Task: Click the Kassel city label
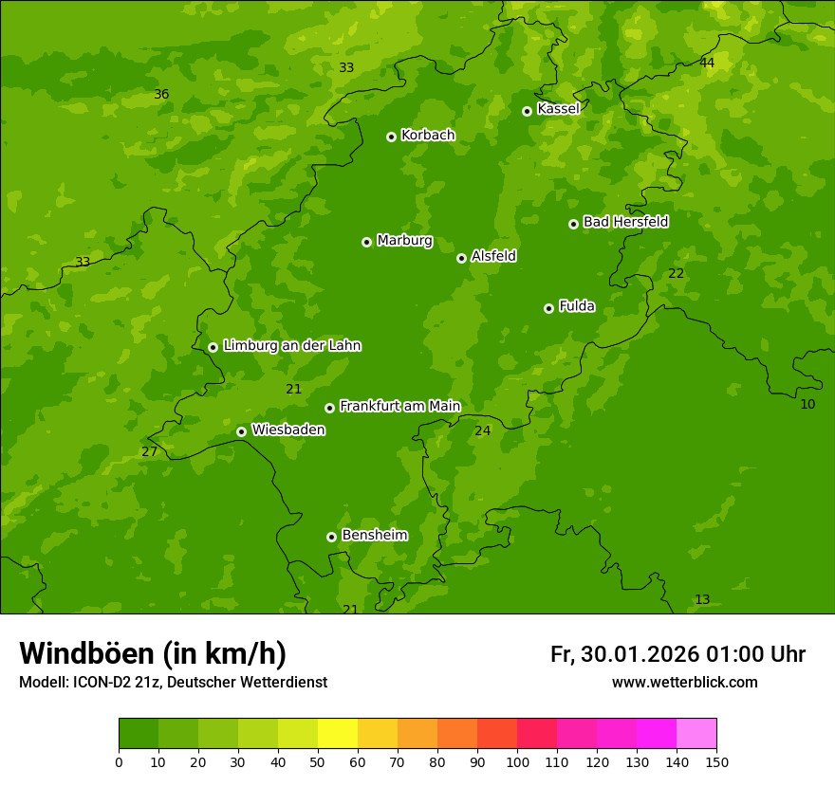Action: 558,109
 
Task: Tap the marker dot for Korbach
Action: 391,137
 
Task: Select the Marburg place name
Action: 404,241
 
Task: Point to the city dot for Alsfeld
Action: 461,258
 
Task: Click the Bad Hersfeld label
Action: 625,222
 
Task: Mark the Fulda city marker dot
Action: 548,308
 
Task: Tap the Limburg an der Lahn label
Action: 291,346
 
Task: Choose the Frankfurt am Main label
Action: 399,407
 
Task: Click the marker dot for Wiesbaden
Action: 241,431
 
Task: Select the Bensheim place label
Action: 374,536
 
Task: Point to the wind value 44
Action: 707,63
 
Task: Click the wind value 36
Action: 161,94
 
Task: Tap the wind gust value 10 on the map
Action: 807,404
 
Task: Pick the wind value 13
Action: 702,599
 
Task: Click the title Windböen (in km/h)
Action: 153,653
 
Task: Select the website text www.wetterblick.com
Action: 684,683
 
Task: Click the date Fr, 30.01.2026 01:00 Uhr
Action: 677,654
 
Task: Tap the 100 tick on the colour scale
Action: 517,761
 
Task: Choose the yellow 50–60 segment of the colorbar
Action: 338,734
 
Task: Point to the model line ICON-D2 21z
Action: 173,683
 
